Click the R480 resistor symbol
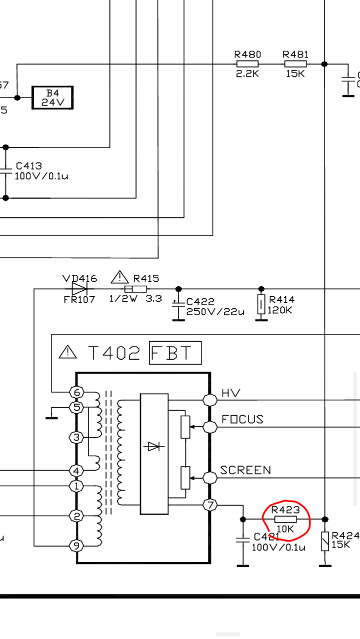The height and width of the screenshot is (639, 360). [247, 64]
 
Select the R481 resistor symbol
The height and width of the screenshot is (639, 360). [296, 64]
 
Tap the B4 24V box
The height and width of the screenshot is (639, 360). [53, 97]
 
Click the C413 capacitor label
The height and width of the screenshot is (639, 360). [29, 166]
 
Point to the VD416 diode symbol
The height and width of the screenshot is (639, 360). [79, 289]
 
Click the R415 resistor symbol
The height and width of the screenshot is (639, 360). [135, 289]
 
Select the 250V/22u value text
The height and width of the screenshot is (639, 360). [215, 312]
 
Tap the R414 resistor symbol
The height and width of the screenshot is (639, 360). [261, 304]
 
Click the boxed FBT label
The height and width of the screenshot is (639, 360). [175, 353]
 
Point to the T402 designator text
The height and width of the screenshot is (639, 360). [114, 353]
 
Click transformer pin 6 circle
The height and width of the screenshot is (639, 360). [76, 392]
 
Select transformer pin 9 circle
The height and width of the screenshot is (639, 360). [76, 545]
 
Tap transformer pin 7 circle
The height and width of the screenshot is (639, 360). [210, 505]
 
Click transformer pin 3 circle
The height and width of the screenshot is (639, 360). [76, 438]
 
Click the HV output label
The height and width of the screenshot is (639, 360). [231, 393]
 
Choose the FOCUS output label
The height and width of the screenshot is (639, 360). [242, 419]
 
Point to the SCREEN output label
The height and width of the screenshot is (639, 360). [245, 470]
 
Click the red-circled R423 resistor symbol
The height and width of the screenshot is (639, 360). [285, 519]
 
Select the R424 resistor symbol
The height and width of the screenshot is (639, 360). [325, 541]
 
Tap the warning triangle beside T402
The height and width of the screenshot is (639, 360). [68, 352]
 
